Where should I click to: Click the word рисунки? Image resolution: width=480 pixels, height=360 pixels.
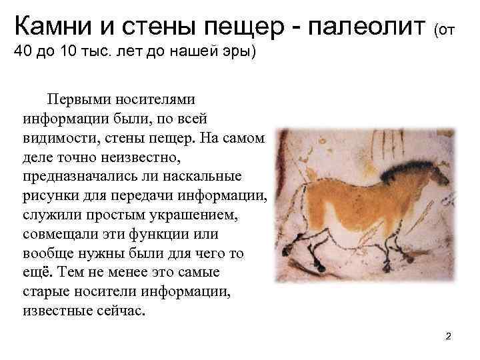click(47, 197)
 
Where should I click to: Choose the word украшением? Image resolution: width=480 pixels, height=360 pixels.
click(205, 217)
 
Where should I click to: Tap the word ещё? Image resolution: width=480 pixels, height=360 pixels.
click(34, 274)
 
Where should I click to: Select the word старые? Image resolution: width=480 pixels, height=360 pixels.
click(45, 293)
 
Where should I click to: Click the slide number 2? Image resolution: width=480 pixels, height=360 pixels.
click(448, 336)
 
